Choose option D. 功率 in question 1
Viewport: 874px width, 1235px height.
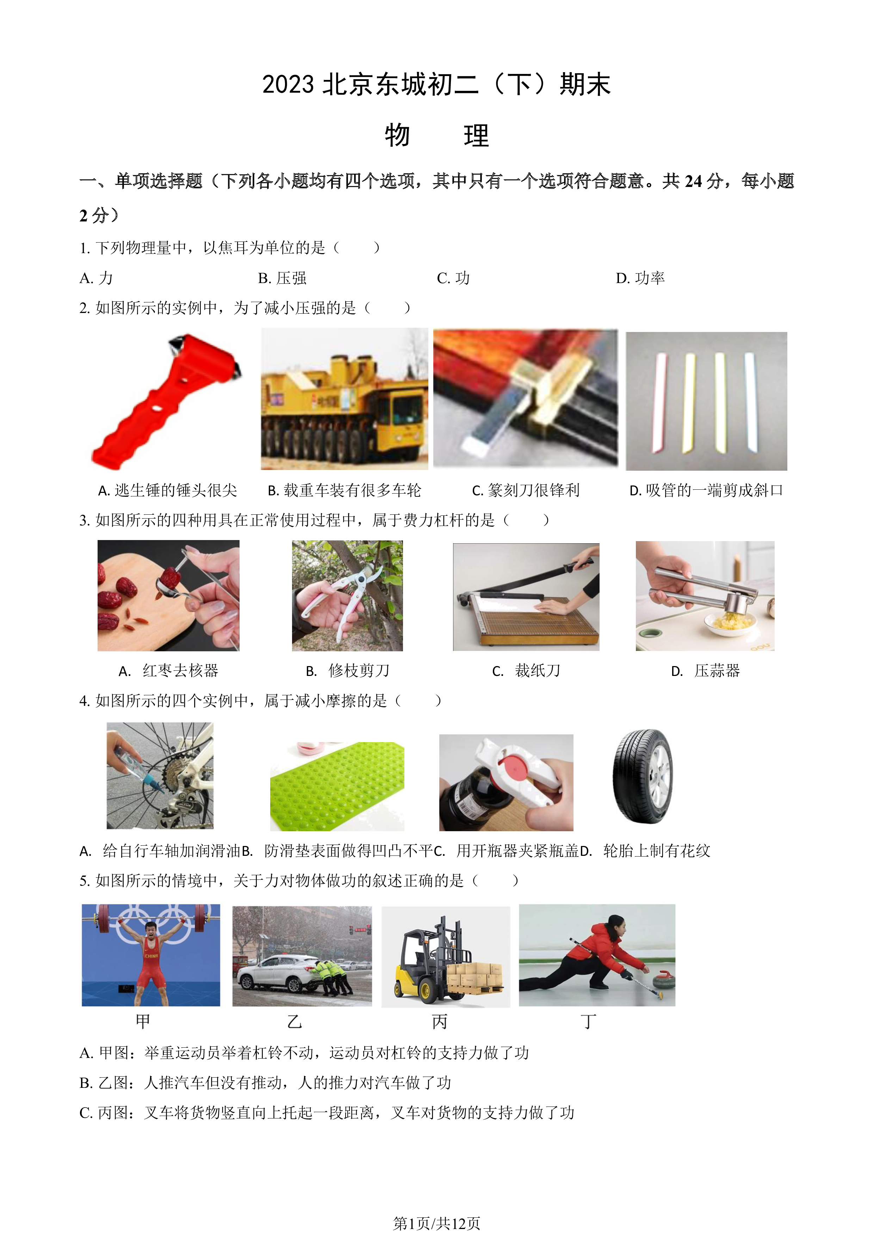[x=640, y=278]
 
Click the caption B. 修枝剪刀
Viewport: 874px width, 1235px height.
[x=348, y=671]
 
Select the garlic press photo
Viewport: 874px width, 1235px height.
[x=705, y=596]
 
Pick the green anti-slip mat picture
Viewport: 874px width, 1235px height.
[x=337, y=786]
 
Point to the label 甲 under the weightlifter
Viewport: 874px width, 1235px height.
[x=143, y=1021]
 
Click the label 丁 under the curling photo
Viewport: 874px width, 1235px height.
[x=588, y=1021]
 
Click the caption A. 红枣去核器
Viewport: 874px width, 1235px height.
[x=168, y=671]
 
